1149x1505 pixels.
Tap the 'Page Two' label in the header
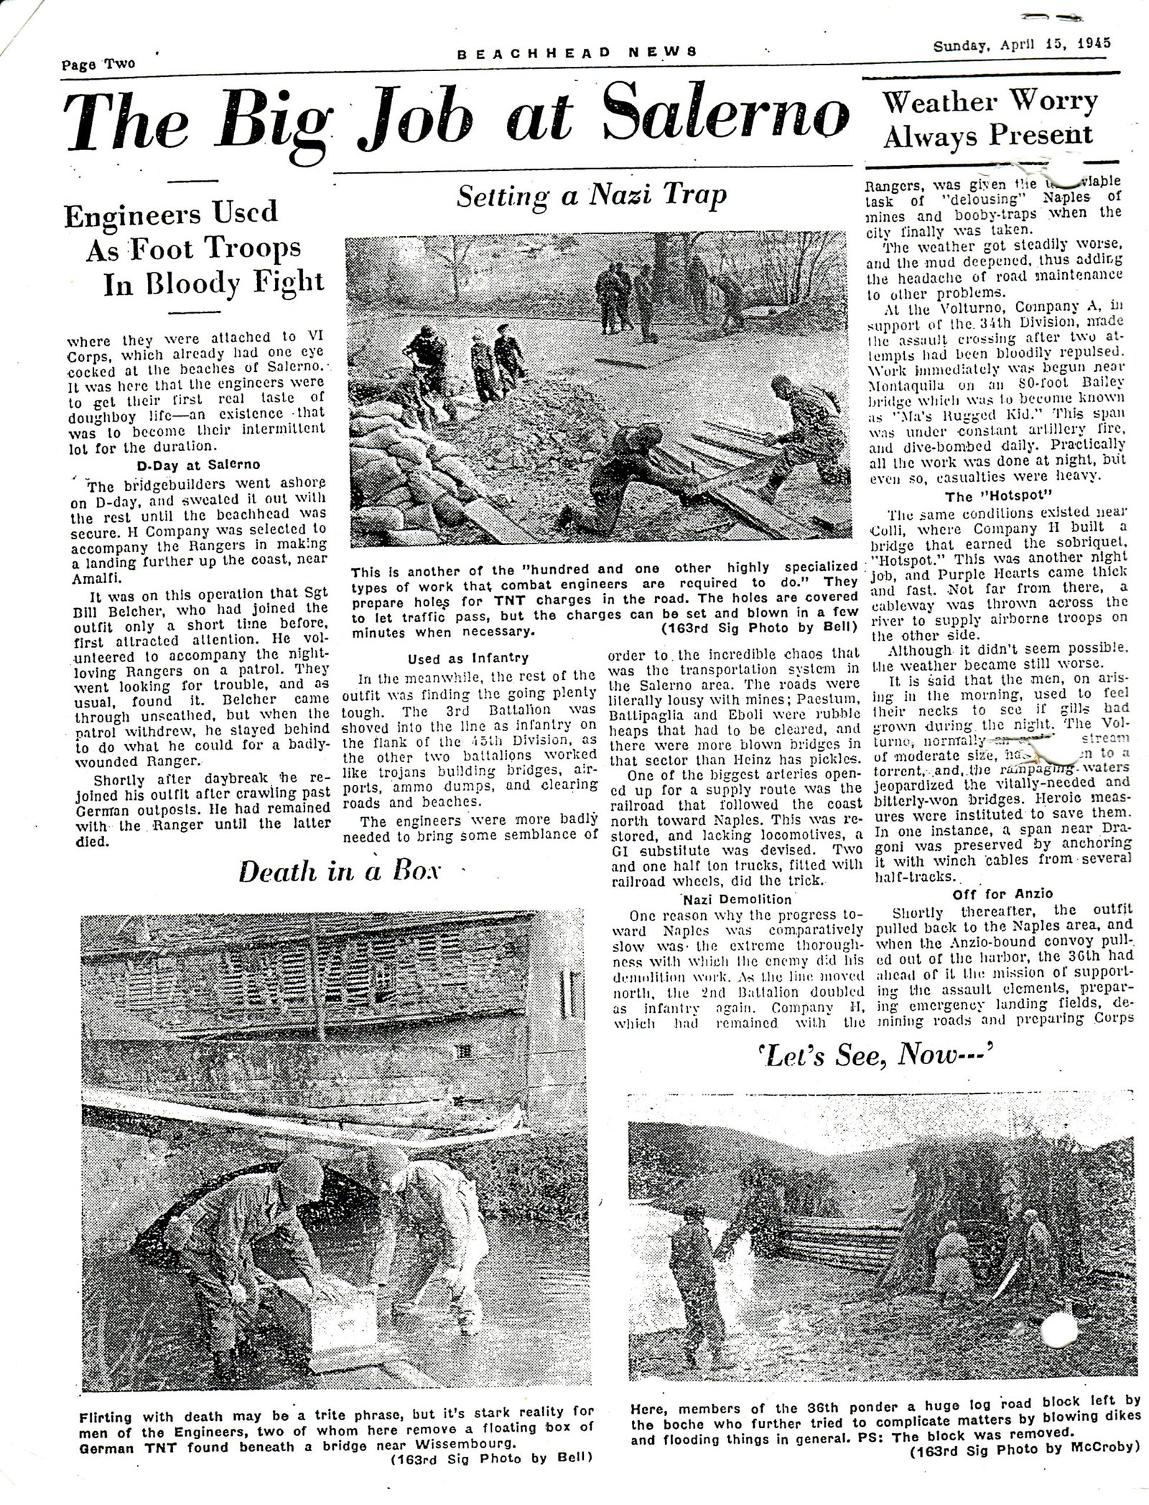point(98,63)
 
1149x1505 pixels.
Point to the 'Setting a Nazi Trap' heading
point(592,196)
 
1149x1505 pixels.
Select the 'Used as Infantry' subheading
point(467,658)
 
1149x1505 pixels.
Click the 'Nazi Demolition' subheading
point(737,899)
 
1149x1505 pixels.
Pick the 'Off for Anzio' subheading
point(1003,894)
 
